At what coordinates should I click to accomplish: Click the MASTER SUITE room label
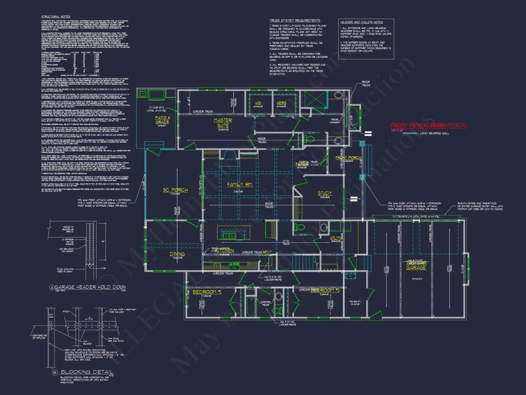point(223,123)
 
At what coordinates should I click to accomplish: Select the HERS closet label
point(281,102)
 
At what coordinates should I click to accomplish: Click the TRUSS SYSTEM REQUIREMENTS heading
point(295,21)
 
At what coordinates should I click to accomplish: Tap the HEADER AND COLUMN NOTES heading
point(362,23)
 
